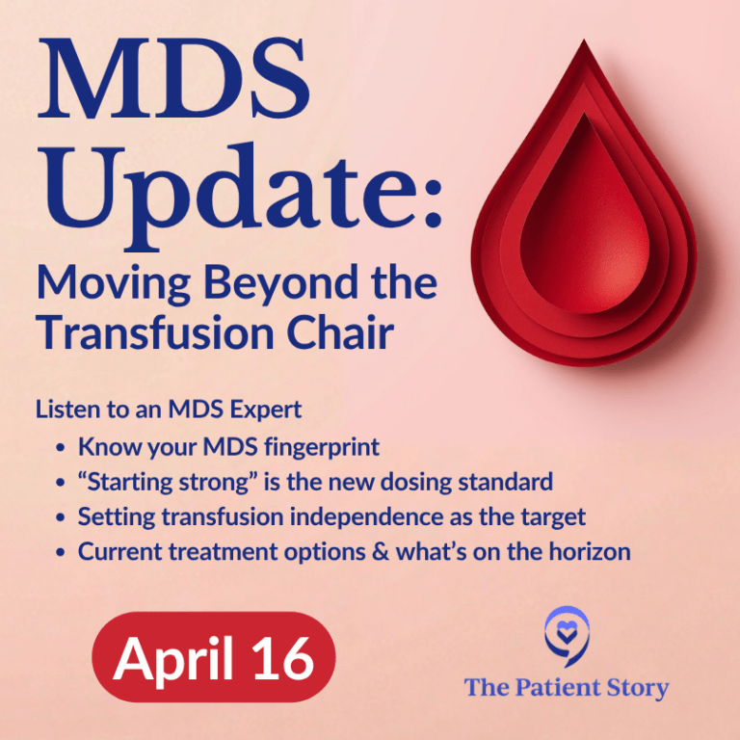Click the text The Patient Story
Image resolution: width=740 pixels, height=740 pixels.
coord(566,687)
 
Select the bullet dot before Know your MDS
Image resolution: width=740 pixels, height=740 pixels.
coord(62,447)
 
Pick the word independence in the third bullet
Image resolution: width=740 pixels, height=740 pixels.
coord(375,516)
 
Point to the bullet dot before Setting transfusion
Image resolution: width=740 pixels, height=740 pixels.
coord(62,517)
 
